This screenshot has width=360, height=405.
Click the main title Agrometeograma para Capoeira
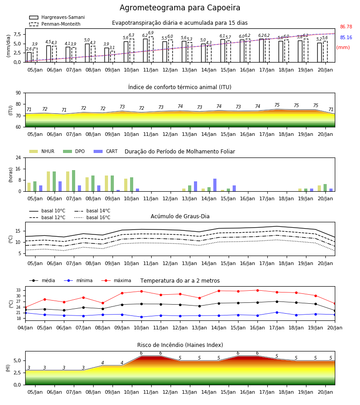180,8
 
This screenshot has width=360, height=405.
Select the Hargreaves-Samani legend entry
57,17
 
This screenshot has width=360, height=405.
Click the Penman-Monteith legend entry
55,24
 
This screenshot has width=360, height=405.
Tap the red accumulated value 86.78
346,27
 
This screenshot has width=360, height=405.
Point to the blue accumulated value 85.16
346,37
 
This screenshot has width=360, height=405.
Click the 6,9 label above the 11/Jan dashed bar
151,33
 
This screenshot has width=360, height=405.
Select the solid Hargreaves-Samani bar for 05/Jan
29,57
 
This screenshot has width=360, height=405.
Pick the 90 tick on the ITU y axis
18,93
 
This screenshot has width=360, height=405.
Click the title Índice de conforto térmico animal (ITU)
180,87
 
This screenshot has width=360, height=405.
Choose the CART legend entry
105,151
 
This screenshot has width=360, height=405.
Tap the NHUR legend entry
41,151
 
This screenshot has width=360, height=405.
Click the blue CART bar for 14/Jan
215,185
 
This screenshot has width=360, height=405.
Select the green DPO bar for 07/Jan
74,181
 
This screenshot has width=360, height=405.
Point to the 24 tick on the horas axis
18,157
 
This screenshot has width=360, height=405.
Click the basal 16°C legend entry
92,217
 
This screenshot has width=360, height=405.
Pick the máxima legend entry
116,280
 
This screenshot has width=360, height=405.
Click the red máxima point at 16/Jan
257,290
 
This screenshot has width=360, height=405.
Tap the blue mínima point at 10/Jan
141,317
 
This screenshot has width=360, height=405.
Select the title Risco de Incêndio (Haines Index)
180,345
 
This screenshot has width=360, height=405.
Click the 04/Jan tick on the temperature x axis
25,328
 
